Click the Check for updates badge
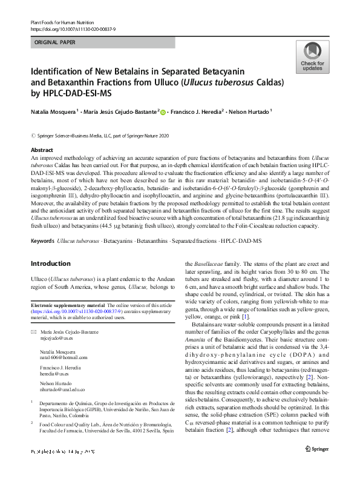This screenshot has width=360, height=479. (x=312, y=58)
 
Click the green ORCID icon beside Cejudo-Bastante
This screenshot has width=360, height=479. (x=163, y=111)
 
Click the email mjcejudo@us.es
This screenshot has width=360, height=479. (x=58, y=340)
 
